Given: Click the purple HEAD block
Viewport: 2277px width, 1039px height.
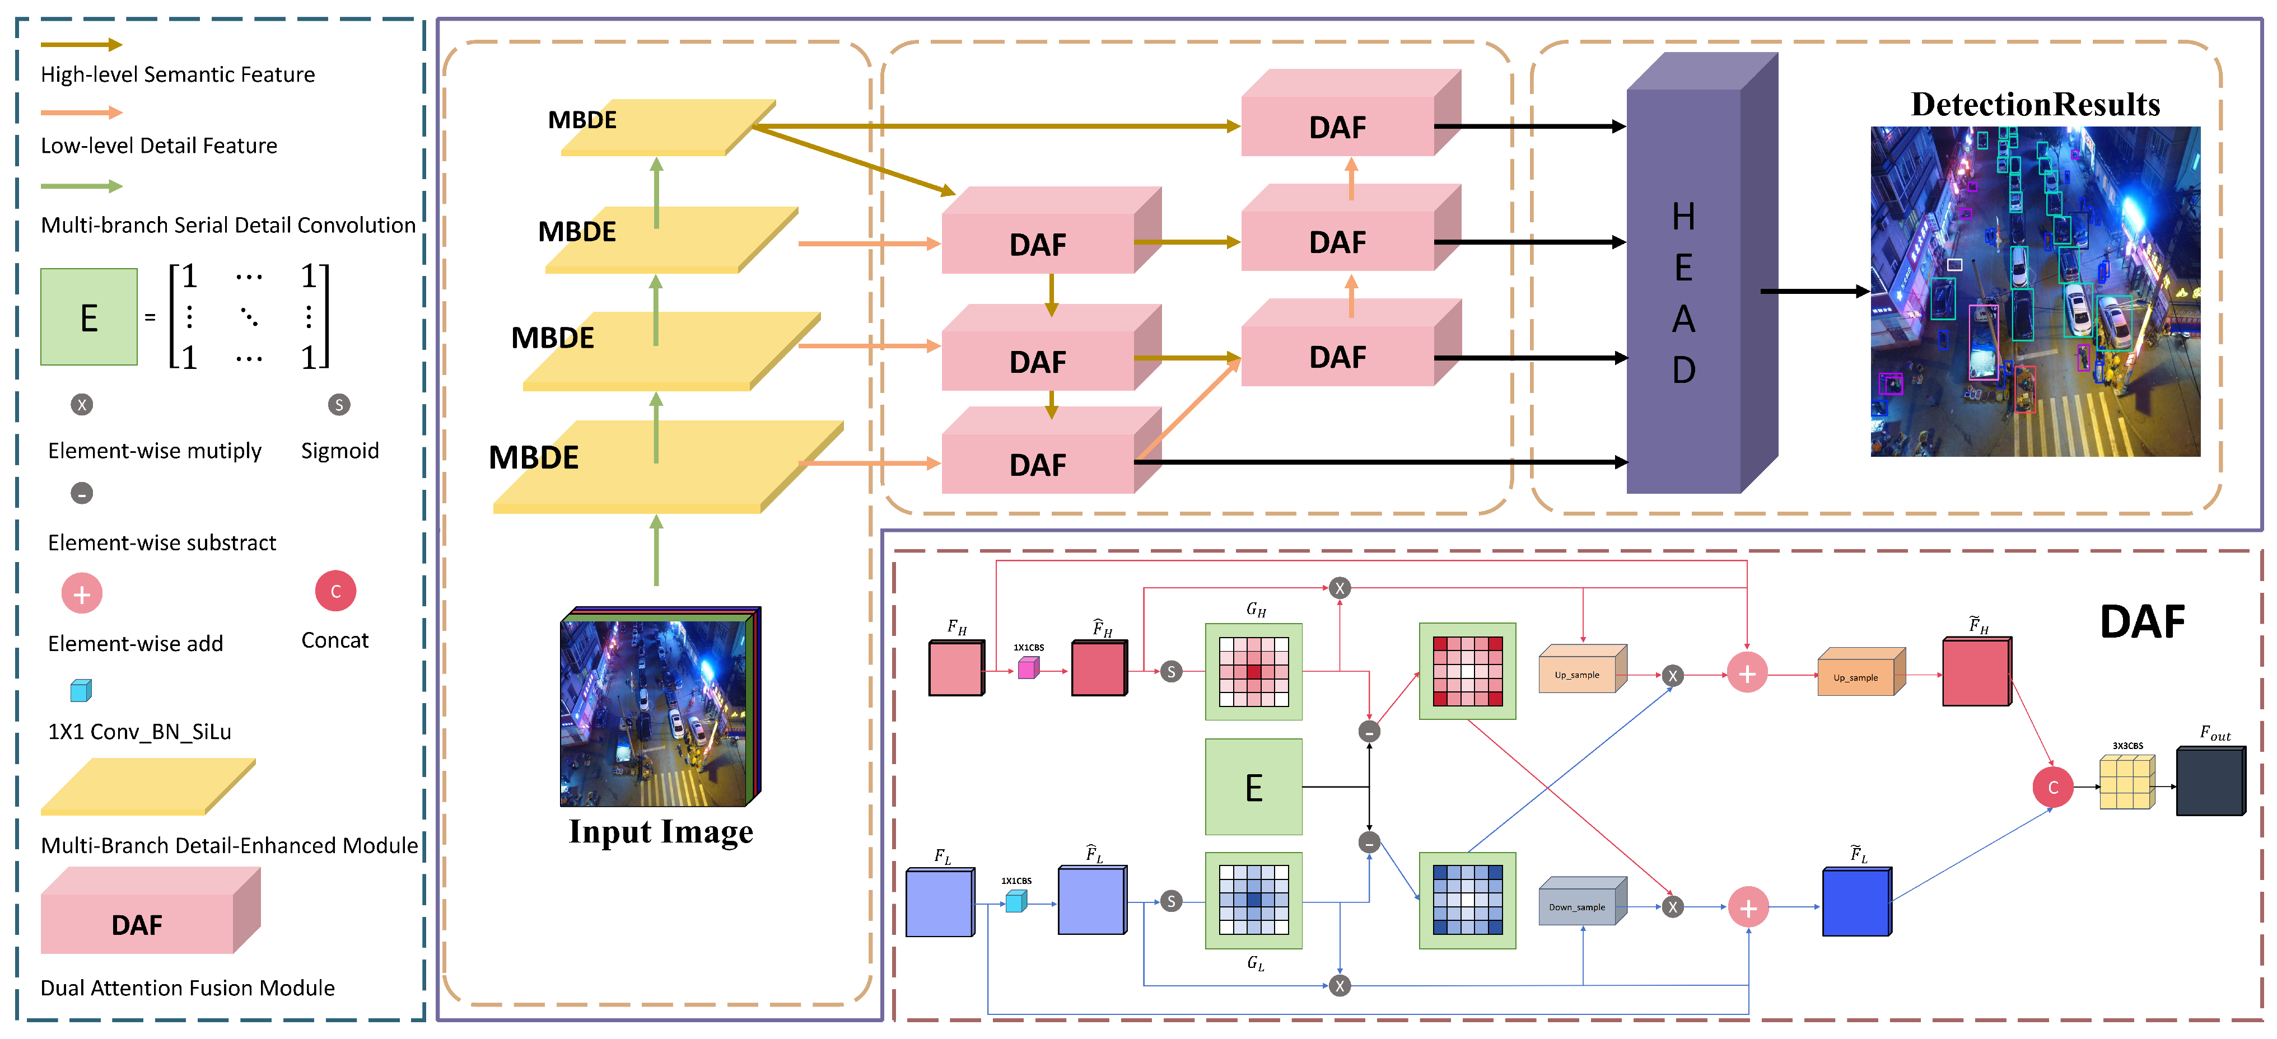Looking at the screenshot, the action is point(1701,272).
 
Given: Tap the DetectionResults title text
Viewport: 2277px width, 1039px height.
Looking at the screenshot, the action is point(2035,104).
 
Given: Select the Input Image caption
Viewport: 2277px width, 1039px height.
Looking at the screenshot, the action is point(661,831).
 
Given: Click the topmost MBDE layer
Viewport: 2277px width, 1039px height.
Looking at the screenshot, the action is point(668,127).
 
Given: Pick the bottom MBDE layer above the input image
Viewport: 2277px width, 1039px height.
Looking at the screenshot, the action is point(668,466).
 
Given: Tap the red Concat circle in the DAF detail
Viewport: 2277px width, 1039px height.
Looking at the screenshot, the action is point(2052,787).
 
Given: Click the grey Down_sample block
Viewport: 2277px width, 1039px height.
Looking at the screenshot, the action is point(1582,901).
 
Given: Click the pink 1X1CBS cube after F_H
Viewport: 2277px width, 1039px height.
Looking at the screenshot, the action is point(1028,668).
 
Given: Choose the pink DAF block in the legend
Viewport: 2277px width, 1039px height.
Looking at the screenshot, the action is point(150,910).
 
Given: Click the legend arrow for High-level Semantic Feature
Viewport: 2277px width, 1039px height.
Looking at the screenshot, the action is point(81,44).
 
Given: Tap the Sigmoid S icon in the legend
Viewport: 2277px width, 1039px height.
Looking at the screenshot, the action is point(339,405).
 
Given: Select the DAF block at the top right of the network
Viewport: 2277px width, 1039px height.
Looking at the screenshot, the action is point(1351,113).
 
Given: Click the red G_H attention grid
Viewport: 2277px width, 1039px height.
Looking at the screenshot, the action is point(1253,671).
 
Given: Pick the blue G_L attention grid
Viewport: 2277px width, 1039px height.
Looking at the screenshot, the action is point(1253,900).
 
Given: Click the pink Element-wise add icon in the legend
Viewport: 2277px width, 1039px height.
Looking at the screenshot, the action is point(81,594).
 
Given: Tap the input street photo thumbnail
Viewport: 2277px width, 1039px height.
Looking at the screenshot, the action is point(660,707).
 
